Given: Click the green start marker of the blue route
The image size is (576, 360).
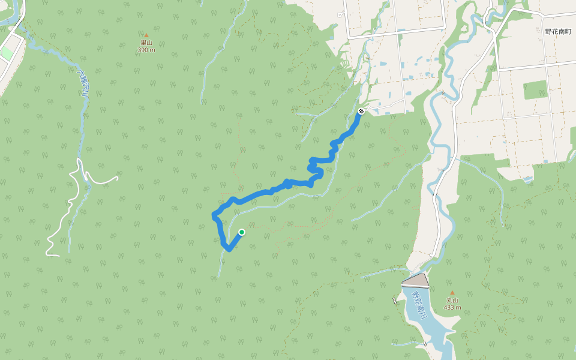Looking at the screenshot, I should pos(242,232).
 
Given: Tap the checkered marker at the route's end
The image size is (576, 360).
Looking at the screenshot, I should pos(361,111).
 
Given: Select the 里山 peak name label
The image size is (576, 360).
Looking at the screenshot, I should pos(146,43).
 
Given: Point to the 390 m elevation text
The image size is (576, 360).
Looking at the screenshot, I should pos(146,50).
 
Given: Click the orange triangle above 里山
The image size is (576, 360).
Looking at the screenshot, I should pos(146,35).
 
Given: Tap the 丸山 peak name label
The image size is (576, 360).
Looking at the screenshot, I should pos(452,300).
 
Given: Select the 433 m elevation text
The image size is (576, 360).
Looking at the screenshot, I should pos(452,307).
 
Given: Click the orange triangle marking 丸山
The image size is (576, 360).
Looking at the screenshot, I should pos(452,293).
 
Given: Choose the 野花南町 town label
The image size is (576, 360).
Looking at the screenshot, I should pos(557,31).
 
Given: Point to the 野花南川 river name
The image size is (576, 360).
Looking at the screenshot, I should pos(418,306).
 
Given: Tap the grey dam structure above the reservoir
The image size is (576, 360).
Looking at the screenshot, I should pos(416,280).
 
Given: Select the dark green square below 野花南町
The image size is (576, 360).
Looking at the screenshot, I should pos(536,89).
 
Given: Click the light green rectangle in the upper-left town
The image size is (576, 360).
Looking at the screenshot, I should pos(6,53).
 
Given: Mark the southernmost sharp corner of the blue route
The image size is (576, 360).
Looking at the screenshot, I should pos(229,249).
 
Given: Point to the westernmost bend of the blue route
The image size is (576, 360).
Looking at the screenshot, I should pos(214,215).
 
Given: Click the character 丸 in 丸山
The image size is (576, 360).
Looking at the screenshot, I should pos(449,300).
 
